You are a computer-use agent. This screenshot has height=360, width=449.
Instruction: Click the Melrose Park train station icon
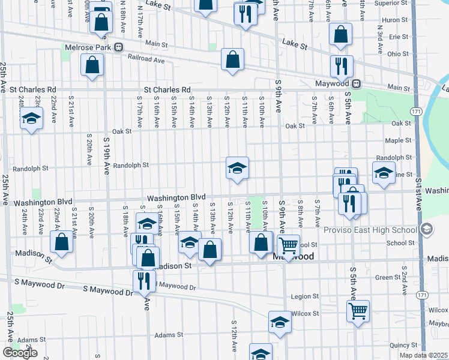click(x=119, y=47)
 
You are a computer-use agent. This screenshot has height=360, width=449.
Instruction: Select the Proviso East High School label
click(x=370, y=230)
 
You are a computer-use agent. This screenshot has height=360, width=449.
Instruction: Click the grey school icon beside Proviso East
click(x=426, y=229)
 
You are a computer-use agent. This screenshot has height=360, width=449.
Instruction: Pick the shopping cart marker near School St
click(x=289, y=245)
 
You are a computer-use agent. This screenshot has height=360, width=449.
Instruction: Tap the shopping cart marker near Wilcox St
click(x=358, y=311)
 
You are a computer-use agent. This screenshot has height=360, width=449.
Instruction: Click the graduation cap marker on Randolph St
click(x=237, y=168)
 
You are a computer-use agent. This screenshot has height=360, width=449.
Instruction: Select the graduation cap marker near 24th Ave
click(x=32, y=118)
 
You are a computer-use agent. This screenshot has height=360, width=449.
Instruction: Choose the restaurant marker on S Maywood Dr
click(x=144, y=280)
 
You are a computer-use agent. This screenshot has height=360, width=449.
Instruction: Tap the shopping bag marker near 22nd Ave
click(x=62, y=242)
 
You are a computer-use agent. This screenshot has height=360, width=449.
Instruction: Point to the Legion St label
click(x=304, y=296)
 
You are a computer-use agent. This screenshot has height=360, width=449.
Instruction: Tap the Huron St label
click(x=394, y=20)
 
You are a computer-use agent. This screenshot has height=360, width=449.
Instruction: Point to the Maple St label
click(x=397, y=140)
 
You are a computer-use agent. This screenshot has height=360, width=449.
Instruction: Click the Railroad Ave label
click(x=146, y=59)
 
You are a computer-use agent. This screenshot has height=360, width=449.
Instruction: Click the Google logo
click(x=20, y=352)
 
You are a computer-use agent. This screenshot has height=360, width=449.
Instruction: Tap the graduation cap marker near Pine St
click(x=382, y=173)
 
